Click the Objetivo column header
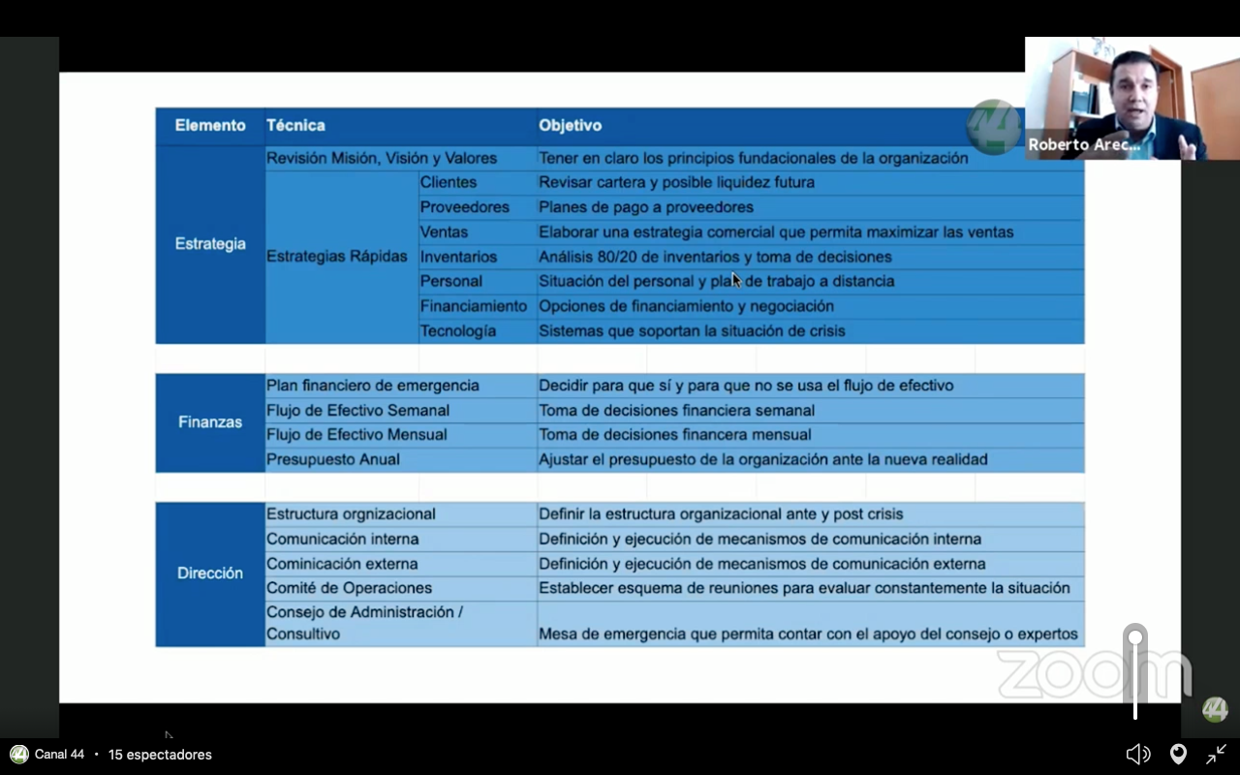click(570, 125)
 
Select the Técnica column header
click(295, 125)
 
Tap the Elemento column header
click(210, 125)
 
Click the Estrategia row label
click(210, 244)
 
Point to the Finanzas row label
click(210, 422)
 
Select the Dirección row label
click(210, 573)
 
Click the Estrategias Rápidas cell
click(337, 257)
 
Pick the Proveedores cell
click(464, 207)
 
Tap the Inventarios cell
click(458, 257)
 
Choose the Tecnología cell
click(457, 331)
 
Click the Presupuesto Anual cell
click(333, 459)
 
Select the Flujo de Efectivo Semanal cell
click(357, 411)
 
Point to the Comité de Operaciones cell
click(349, 588)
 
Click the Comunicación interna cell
click(343, 539)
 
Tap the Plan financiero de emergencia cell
click(373, 386)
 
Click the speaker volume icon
click(1138, 754)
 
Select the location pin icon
click(1178, 754)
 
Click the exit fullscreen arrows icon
click(1217, 754)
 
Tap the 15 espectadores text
click(160, 755)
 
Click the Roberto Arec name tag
click(1084, 145)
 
